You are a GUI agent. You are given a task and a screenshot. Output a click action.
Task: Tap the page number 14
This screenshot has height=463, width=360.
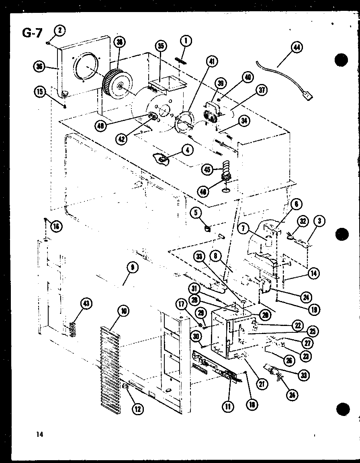click(39, 434)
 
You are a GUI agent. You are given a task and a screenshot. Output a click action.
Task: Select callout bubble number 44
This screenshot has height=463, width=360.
click(297, 48)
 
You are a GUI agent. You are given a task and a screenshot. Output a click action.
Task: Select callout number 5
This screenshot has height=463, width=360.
click(196, 212)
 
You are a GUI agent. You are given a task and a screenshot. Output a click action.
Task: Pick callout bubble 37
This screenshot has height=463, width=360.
click(262, 90)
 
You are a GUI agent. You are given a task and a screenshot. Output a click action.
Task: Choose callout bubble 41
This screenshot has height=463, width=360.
click(211, 61)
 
